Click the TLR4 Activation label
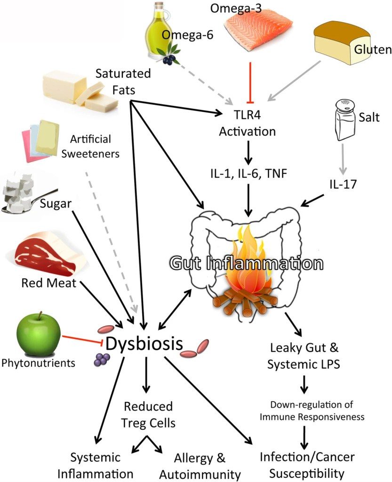click(x=248, y=123)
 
